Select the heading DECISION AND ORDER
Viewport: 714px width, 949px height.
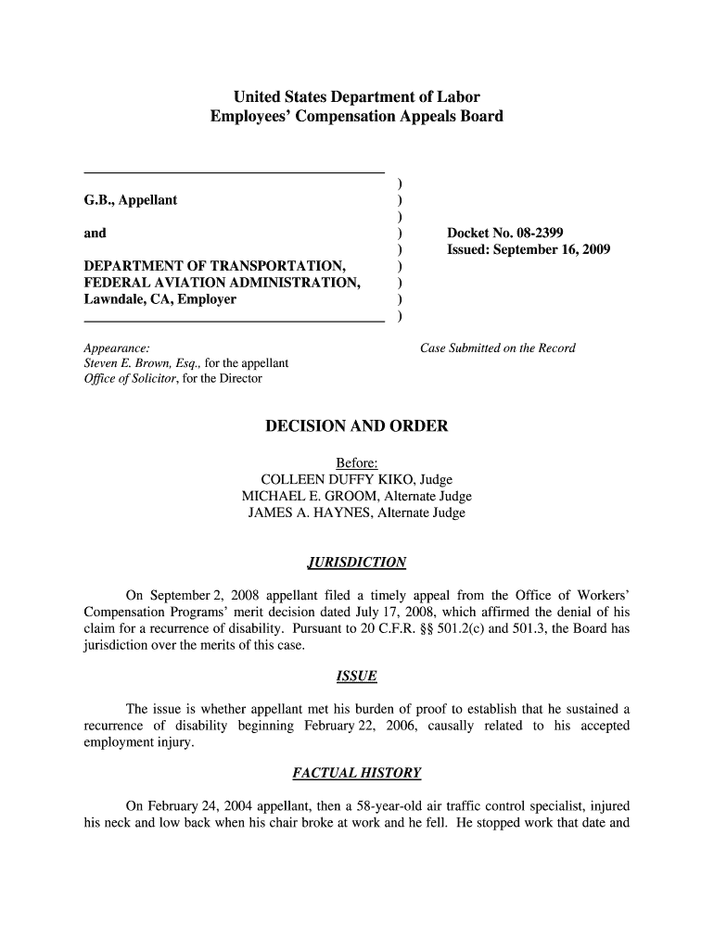click(x=357, y=426)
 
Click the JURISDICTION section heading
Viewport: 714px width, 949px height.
click(x=357, y=563)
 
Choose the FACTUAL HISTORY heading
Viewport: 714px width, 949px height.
click(x=357, y=772)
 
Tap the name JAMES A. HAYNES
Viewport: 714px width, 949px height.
click(x=305, y=512)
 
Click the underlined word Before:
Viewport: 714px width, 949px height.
click(x=357, y=462)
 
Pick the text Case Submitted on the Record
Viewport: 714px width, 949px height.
click(x=498, y=348)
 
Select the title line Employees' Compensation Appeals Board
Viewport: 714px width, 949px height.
click(x=357, y=117)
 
